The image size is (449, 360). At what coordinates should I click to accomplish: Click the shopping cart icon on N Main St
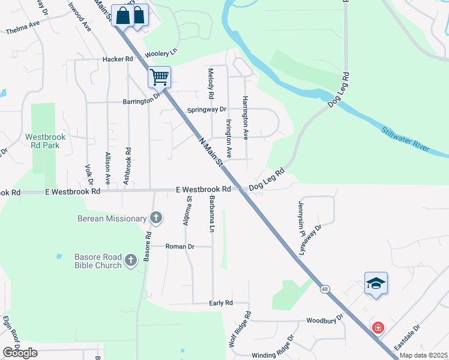(159, 77)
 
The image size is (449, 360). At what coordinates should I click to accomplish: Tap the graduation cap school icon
(376, 283)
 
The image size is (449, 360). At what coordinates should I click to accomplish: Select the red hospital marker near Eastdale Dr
(378, 328)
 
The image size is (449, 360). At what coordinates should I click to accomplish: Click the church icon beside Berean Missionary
(156, 218)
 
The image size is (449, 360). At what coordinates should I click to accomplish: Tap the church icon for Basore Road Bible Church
(131, 261)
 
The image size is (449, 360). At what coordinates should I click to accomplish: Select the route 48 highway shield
(325, 289)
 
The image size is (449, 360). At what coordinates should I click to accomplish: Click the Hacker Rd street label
(118, 59)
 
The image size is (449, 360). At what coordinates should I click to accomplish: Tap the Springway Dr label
(206, 110)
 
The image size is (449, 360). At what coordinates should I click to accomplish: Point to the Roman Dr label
(180, 246)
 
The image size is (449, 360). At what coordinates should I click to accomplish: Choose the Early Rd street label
(221, 304)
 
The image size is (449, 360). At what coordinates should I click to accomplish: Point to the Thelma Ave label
(22, 30)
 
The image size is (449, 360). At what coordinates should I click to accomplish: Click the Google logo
(19, 353)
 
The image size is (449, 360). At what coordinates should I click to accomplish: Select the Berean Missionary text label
(112, 219)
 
